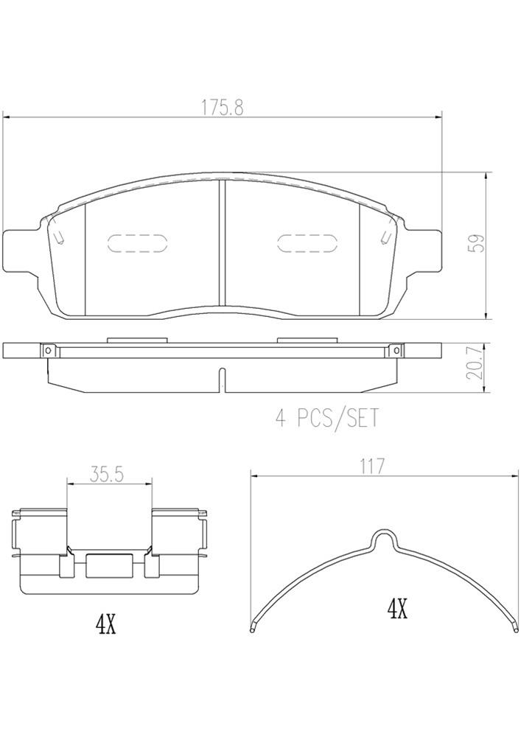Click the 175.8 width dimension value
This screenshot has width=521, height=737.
coord(223,107)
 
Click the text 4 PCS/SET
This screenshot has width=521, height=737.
coord(326,419)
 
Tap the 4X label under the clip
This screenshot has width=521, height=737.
coord(106,626)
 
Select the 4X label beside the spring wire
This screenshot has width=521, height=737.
coord(397,609)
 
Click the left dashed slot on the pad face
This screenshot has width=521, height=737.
coord(138,244)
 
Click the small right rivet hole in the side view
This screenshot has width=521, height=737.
coord(396,351)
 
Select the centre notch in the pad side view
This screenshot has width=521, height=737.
coord(223,379)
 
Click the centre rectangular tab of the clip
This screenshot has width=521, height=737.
coord(108,565)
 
